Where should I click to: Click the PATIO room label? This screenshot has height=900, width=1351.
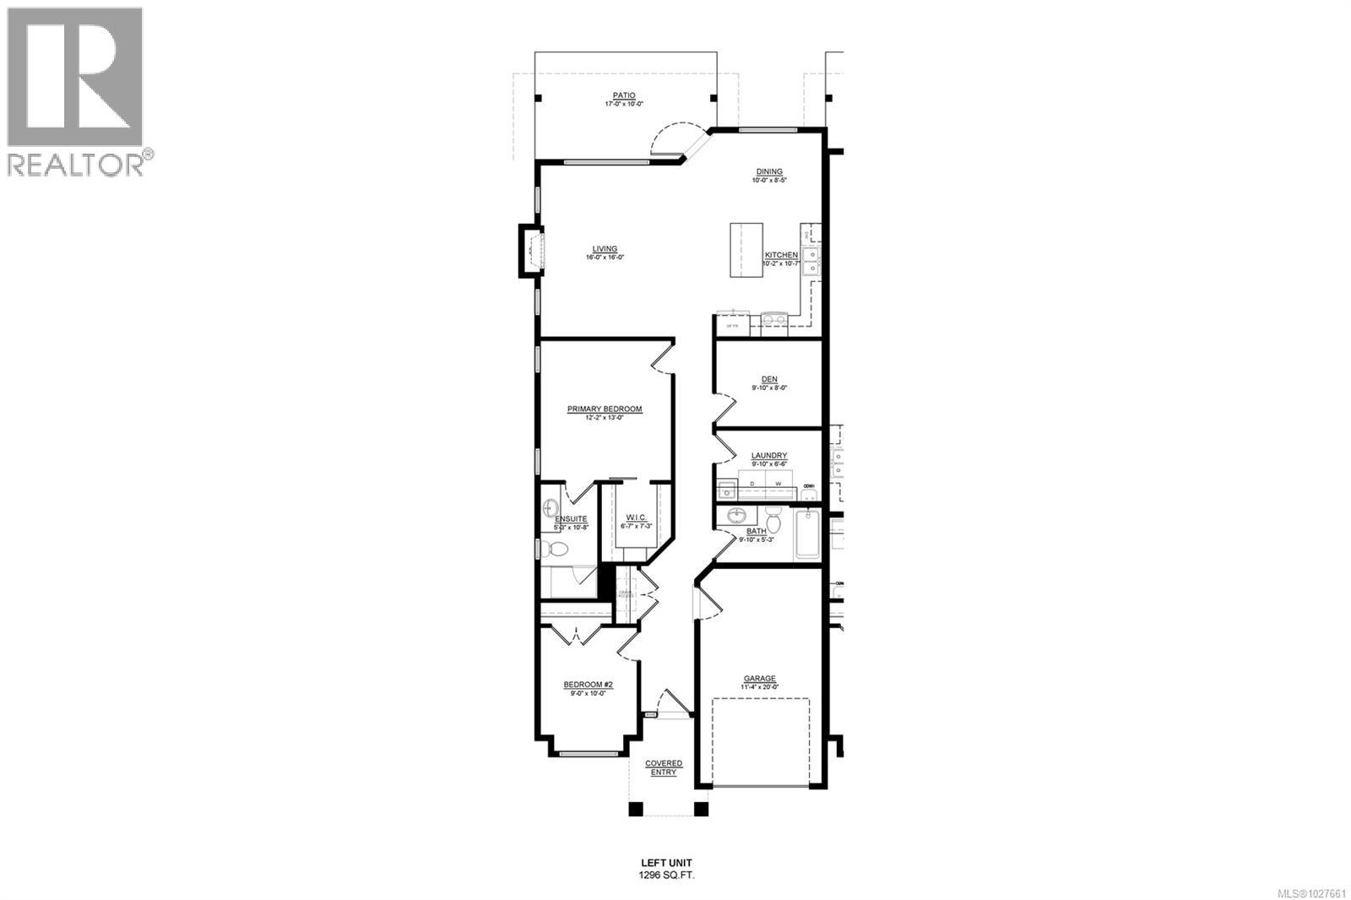[x=624, y=95]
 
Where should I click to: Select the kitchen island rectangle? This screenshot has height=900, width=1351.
[x=746, y=251]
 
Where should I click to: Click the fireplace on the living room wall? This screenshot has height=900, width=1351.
[x=530, y=251]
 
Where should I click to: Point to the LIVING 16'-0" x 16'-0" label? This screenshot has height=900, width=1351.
[x=605, y=249]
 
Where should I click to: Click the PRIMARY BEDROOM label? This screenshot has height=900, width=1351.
[x=605, y=409]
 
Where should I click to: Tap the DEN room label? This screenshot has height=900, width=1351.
[x=769, y=380]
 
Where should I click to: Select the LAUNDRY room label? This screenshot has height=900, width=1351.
[x=769, y=456]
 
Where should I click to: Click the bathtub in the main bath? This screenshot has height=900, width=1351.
[x=807, y=533]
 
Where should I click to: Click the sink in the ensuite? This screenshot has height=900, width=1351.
[x=551, y=508]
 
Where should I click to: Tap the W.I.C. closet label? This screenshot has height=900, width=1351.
[x=636, y=518]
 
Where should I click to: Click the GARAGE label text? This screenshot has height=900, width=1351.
[x=759, y=679]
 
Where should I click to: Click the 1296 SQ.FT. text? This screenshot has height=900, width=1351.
[x=666, y=876]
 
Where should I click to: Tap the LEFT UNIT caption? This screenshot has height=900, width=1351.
[x=666, y=863]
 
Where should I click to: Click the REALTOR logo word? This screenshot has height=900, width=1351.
[x=76, y=164]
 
